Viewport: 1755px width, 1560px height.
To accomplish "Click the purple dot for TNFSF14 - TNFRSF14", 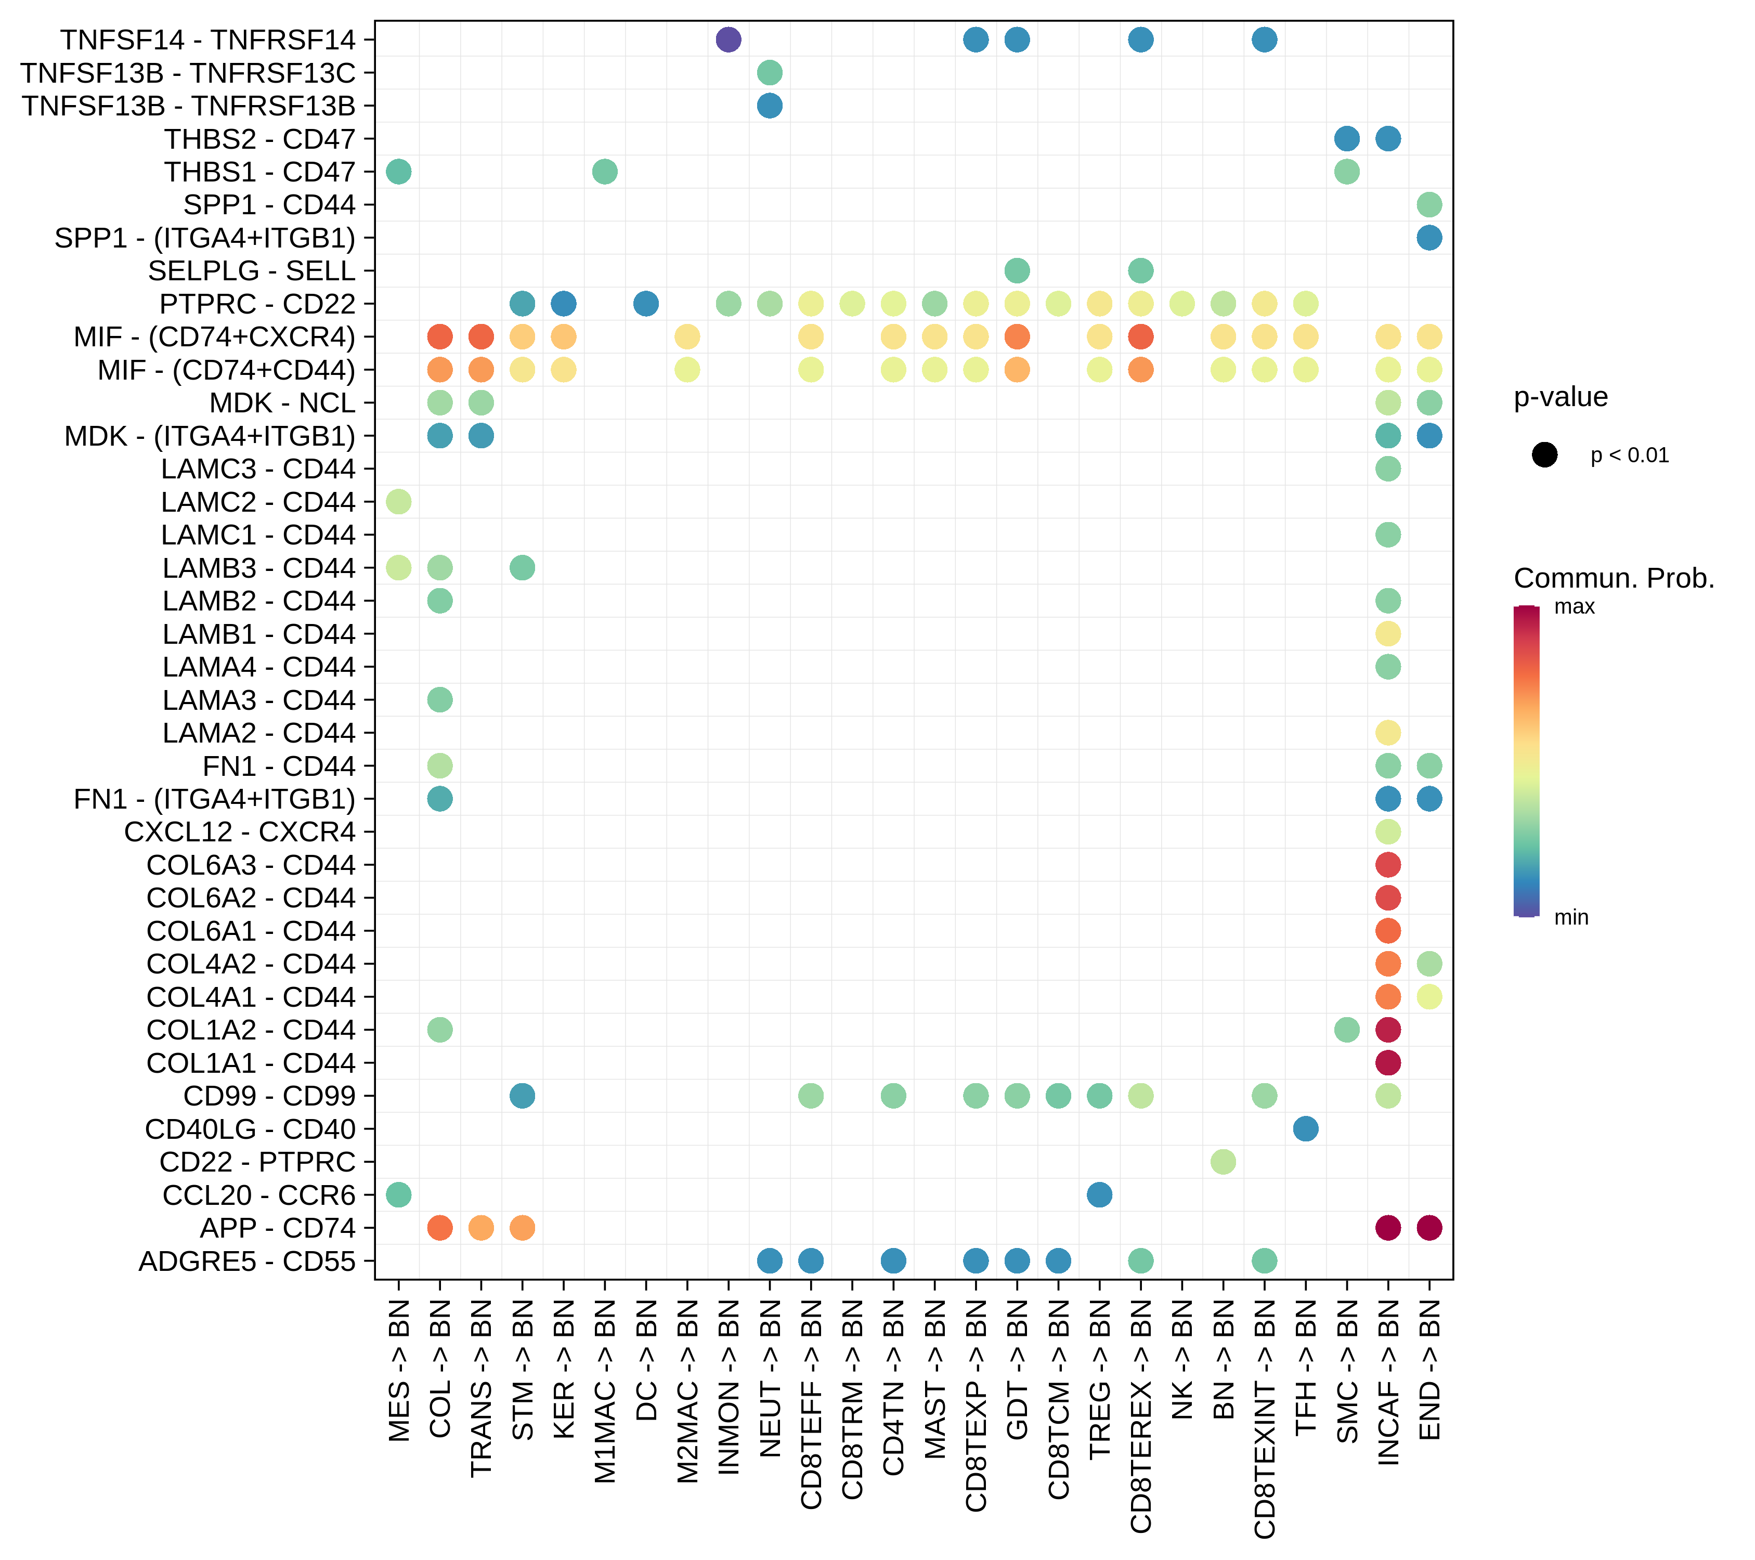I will click(x=728, y=40).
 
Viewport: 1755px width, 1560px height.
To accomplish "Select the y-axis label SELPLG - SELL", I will click(x=252, y=270).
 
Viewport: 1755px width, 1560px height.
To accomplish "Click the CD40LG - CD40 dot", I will click(x=1305, y=1129).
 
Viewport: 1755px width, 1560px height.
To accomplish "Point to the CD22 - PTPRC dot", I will click(x=1223, y=1162).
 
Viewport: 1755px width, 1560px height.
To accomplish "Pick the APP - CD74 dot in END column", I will click(x=1429, y=1228).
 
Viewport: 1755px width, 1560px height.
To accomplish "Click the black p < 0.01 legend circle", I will click(x=1544, y=455).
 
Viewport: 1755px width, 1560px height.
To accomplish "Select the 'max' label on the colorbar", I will click(x=1574, y=607).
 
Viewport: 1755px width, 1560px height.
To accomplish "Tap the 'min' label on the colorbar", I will click(x=1571, y=918).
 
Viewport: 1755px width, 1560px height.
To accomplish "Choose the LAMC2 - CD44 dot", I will click(x=398, y=501).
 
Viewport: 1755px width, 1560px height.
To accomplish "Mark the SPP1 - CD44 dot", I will click(x=1429, y=204).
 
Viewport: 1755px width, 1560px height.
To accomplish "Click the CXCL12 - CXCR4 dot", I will click(x=1387, y=832).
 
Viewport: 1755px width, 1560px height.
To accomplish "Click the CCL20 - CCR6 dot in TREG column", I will click(x=1099, y=1194).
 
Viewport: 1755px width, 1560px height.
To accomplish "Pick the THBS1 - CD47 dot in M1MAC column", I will click(x=604, y=172).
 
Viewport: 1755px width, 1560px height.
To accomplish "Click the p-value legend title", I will click(x=1560, y=397).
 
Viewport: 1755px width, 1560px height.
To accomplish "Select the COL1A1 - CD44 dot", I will click(x=1387, y=1063).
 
